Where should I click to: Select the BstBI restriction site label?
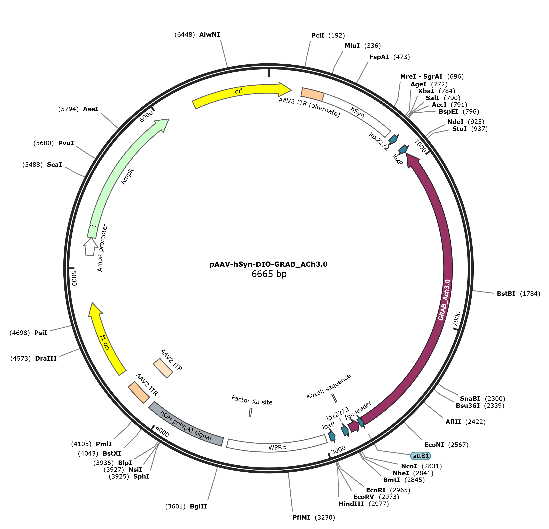coord(506,294)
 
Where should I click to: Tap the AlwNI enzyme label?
coord(210,35)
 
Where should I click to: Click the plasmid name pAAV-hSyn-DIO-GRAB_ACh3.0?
coord(268,264)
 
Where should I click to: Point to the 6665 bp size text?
coord(269,274)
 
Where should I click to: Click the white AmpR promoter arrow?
coord(90,247)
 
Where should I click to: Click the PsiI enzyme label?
coord(41,333)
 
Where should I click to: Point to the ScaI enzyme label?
coord(54,165)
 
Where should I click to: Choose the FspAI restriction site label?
coord(379,57)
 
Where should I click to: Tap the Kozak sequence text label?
coord(328,386)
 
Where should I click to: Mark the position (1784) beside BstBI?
coord(530,294)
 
